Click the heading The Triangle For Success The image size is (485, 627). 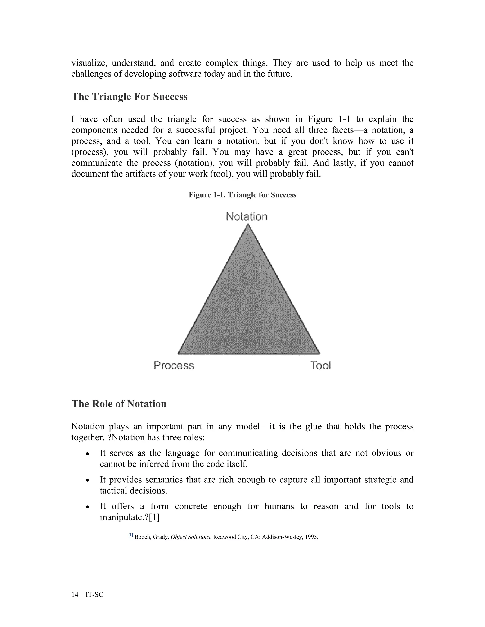[129, 97]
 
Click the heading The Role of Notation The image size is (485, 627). [119, 404]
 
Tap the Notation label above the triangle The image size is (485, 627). [247, 216]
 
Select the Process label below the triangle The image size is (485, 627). [174, 366]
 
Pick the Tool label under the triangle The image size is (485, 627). [320, 366]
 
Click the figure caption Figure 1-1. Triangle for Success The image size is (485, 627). [242, 195]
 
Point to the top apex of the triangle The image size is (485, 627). [248, 225]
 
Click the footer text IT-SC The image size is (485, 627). [94, 595]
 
